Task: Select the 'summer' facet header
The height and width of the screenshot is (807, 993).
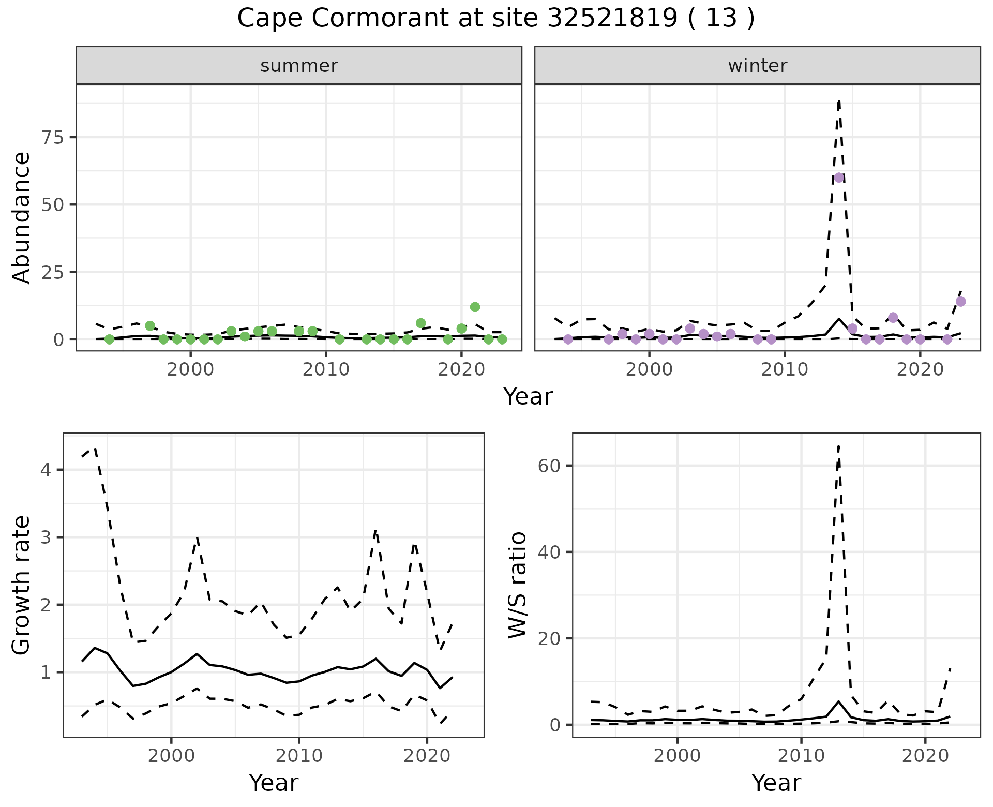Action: (x=299, y=66)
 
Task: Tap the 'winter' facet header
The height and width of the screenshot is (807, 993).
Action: (x=757, y=66)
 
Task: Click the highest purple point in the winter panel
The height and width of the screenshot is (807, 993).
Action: (x=839, y=177)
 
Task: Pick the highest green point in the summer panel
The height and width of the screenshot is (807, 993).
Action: (x=475, y=307)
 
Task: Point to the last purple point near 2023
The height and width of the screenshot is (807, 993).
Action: (x=960, y=302)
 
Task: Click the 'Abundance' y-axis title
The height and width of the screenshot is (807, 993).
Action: (x=22, y=218)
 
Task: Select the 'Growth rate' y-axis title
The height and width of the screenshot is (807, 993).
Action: (x=22, y=585)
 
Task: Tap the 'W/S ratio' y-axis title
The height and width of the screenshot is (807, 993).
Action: (x=517, y=585)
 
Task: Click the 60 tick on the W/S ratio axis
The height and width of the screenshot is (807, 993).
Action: (x=549, y=466)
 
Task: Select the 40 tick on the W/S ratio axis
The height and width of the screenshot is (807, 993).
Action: (x=549, y=552)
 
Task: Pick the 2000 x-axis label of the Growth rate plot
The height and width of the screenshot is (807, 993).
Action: (x=171, y=756)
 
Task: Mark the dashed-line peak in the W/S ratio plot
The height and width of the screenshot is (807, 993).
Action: (x=838, y=445)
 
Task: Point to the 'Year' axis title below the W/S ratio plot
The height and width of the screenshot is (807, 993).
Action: (x=776, y=783)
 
